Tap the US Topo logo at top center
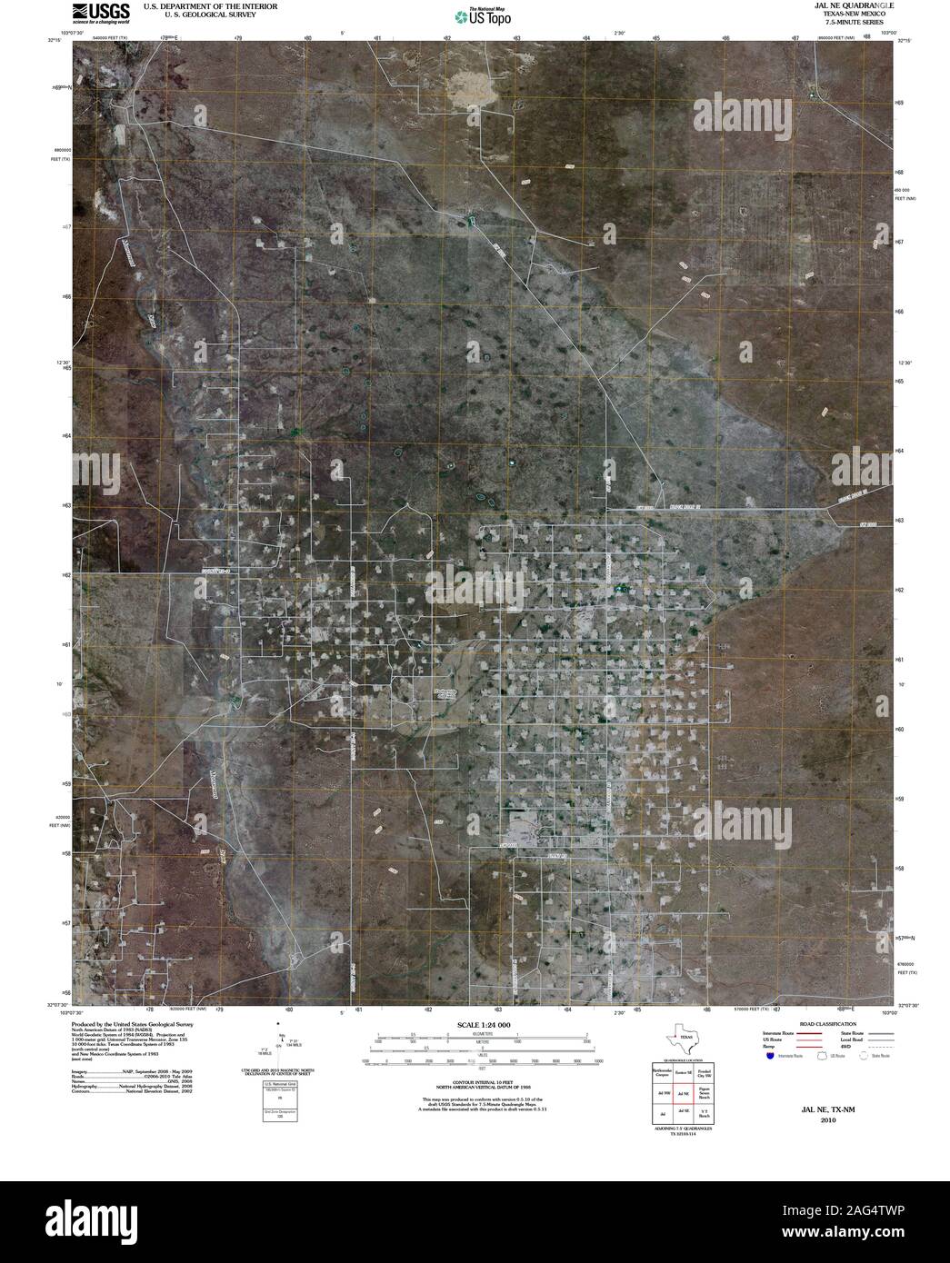coord(482,15)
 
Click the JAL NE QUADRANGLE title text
coord(845,5)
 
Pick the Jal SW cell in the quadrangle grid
coord(661,1095)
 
